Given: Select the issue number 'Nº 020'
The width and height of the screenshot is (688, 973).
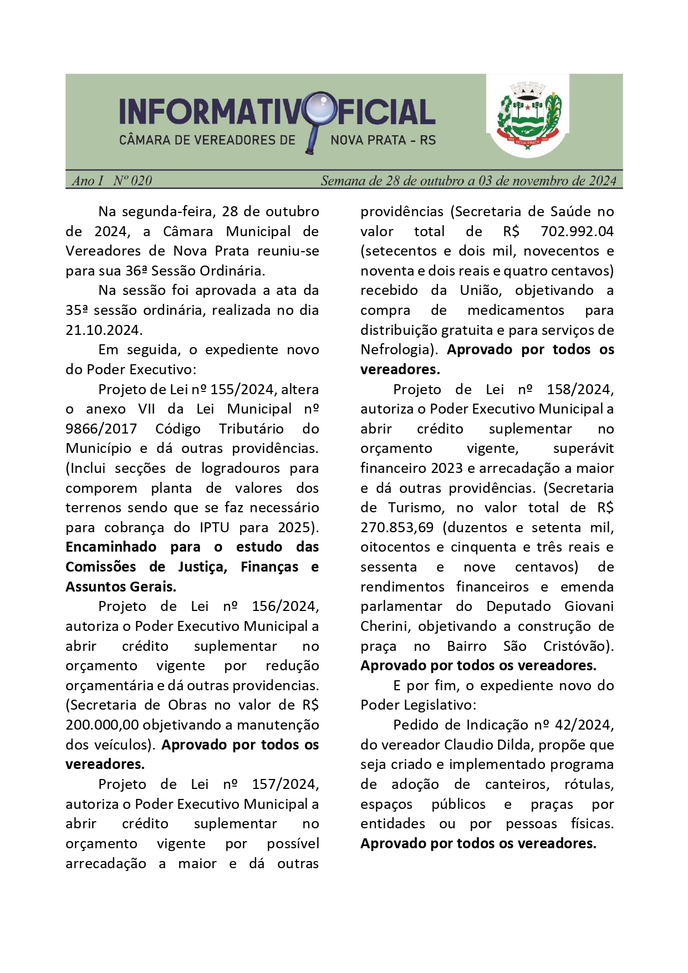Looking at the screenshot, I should tap(132, 181).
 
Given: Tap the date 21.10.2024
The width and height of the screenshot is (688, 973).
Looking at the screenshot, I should tap(103, 330).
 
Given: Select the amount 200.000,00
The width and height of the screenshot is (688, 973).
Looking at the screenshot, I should tap(103, 725).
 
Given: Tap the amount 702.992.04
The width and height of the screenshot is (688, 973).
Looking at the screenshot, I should tap(577, 231).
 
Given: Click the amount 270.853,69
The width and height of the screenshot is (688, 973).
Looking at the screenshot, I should tap(396, 527).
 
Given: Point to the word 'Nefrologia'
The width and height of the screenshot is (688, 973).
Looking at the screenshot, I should tap(394, 350).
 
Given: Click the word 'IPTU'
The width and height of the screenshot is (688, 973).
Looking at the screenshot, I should tap(214, 527).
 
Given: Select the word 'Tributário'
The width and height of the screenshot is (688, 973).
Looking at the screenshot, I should tap(251, 429).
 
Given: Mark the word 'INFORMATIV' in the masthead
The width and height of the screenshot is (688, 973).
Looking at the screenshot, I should tap(210, 111).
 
